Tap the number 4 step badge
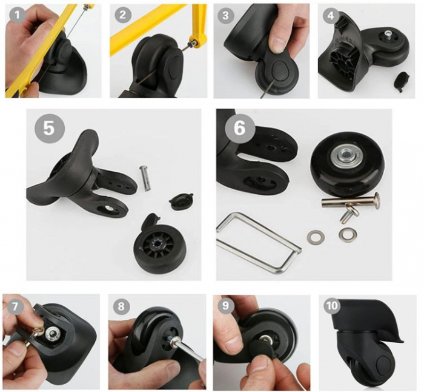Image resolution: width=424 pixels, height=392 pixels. [331, 15]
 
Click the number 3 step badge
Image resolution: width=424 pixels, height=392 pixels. [227, 15]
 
